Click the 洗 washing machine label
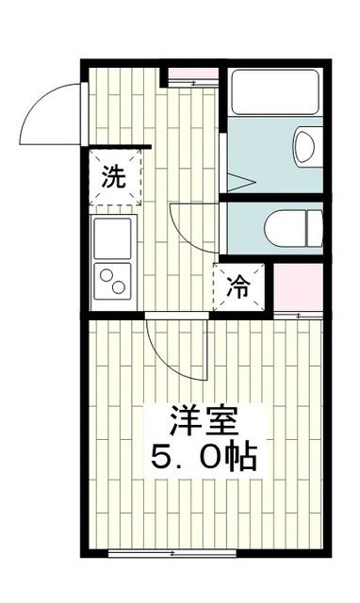pyautogui.click(x=114, y=177)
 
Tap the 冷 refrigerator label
pyautogui.click(x=239, y=288)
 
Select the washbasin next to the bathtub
pyautogui.click(x=304, y=148)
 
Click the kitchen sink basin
pyautogui.click(x=113, y=236)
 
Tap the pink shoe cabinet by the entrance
pyautogui.click(x=192, y=74)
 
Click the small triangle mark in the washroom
pyautogui.click(x=236, y=180)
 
